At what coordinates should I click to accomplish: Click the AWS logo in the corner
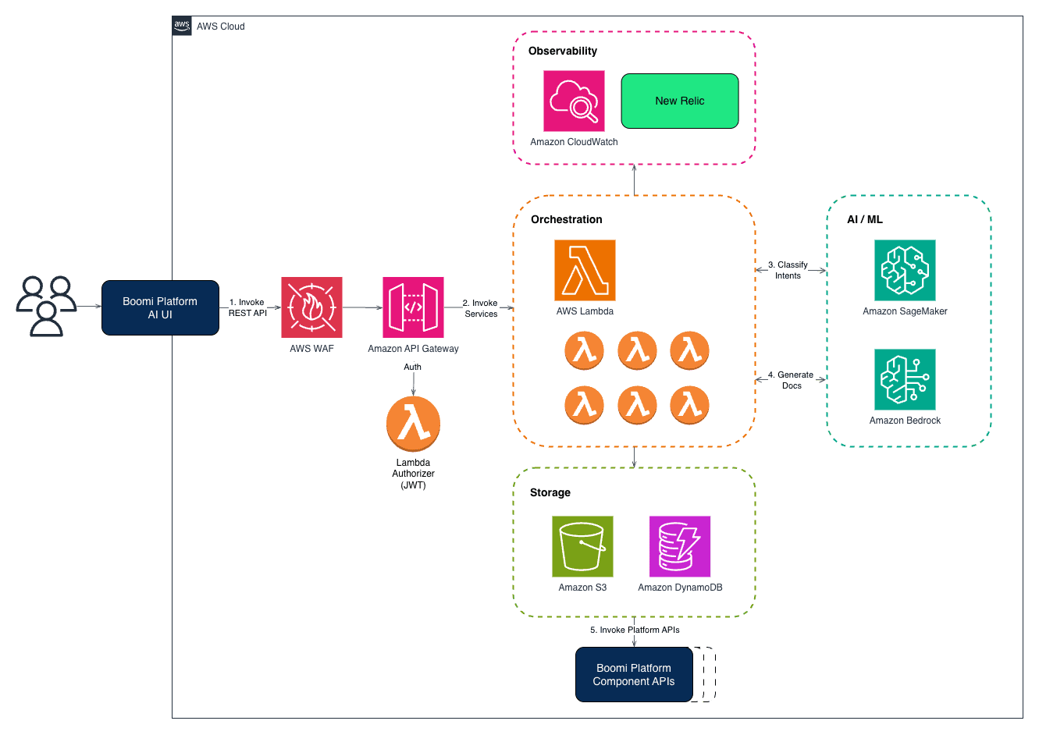tap(182, 26)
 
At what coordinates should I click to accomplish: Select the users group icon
tap(46, 307)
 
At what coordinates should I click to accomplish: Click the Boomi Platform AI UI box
tap(161, 308)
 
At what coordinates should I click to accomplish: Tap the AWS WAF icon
tap(311, 307)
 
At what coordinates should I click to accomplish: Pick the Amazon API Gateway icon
tap(413, 307)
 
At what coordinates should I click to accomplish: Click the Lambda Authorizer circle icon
tap(413, 424)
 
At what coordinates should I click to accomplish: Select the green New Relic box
tap(680, 101)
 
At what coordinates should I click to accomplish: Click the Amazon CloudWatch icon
tap(575, 101)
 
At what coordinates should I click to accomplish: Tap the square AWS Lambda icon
tap(585, 270)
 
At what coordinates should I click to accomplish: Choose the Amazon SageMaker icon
tap(905, 270)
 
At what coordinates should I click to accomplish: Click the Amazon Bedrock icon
tap(905, 380)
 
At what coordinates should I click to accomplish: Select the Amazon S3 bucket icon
tap(582, 547)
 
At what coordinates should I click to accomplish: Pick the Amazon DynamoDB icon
tap(680, 547)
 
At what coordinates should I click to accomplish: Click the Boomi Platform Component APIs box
tap(634, 675)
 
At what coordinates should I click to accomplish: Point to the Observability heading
tap(563, 51)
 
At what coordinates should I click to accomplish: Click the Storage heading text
tap(550, 492)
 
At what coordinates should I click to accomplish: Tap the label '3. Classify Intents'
tap(788, 270)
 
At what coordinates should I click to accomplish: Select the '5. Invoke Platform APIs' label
tap(635, 630)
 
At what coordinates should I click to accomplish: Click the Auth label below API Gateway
tap(412, 367)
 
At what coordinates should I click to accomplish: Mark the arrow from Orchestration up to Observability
tap(634, 180)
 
